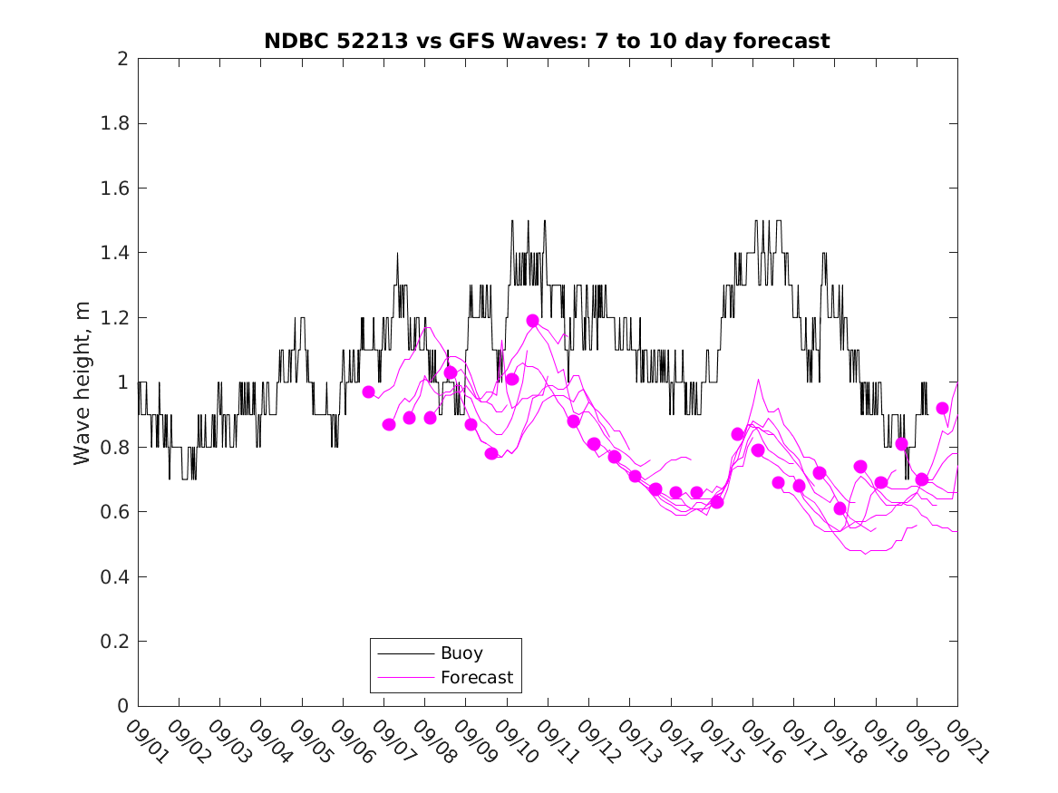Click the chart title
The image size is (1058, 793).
(547, 41)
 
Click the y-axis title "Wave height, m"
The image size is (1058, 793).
(83, 383)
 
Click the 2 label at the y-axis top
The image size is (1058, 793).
(121, 59)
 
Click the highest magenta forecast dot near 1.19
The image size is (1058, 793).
(532, 321)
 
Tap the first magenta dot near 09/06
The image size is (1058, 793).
(368, 392)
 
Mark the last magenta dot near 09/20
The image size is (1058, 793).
(942, 409)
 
